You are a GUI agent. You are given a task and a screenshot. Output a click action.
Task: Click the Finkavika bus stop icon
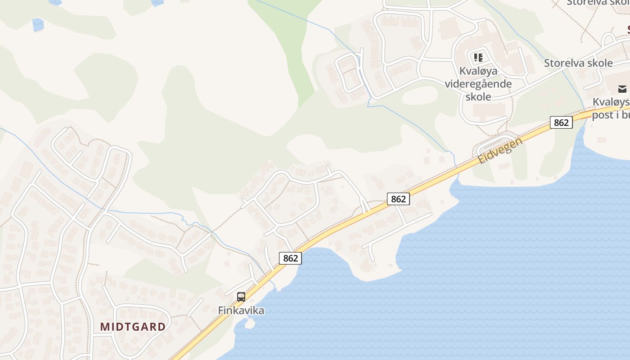click(241, 297)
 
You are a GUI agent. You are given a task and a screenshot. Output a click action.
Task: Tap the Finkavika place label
click(241, 310)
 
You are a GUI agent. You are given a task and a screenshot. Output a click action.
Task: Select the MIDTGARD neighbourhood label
click(133, 327)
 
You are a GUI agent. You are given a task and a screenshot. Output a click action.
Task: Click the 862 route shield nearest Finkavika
click(291, 258)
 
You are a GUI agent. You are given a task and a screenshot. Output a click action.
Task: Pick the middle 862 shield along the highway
click(398, 199)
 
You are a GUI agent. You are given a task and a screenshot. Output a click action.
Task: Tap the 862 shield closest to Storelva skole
click(561, 122)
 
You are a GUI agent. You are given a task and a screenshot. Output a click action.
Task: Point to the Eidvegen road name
click(500, 150)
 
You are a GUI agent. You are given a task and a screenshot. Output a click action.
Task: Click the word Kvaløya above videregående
click(478, 71)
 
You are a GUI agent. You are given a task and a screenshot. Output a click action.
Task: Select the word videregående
click(478, 84)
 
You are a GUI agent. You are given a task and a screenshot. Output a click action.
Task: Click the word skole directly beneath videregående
click(478, 96)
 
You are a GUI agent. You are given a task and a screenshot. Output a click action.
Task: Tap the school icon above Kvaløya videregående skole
click(478, 58)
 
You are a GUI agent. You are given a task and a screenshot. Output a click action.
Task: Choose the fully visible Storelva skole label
click(578, 63)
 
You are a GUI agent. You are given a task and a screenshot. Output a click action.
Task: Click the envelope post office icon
click(622, 89)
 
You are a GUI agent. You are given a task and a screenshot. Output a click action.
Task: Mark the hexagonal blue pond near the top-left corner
click(38, 24)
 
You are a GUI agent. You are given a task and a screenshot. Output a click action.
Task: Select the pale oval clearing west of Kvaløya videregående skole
click(420, 95)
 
